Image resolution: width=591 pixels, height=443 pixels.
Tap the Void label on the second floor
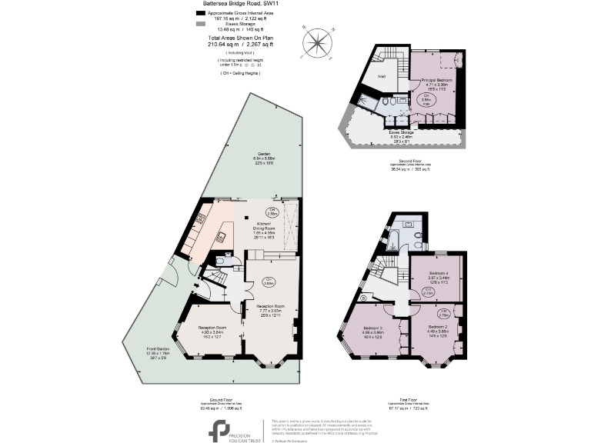point(381,76)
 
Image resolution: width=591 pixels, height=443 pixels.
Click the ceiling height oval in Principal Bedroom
point(434,99)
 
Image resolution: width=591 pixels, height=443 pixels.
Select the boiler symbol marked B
point(363,298)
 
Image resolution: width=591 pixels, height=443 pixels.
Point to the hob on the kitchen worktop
point(199,219)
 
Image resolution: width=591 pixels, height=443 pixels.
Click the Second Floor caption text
point(403,160)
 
